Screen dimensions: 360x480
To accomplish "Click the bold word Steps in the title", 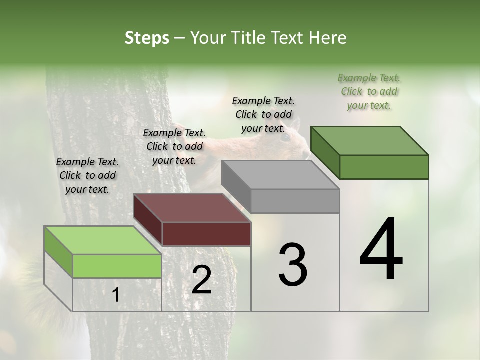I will [147, 38].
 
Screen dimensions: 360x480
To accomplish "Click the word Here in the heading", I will [327, 38].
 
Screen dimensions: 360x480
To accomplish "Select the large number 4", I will [381, 250].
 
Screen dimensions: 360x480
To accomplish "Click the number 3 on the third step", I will [293, 265].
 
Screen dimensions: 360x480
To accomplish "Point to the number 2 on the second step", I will [201, 280].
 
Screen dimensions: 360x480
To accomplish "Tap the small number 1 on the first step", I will [115, 295].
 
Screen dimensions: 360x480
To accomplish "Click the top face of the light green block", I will [102, 240].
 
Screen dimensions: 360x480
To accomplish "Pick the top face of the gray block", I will [280, 175].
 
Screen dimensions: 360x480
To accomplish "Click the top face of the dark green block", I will [369, 141].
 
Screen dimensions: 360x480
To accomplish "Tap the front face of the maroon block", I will [206, 234].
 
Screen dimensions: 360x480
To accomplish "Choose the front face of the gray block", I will [295, 201].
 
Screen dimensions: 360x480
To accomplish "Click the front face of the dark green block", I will [384, 167].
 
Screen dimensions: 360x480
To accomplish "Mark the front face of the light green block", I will [117, 266].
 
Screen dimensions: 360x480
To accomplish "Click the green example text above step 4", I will [369, 91].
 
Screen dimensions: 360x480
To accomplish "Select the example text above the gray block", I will [263, 114].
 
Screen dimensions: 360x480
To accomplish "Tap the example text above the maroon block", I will [174, 146].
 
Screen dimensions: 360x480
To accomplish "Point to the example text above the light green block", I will [87, 175].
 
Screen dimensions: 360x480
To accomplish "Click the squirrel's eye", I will [284, 136].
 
